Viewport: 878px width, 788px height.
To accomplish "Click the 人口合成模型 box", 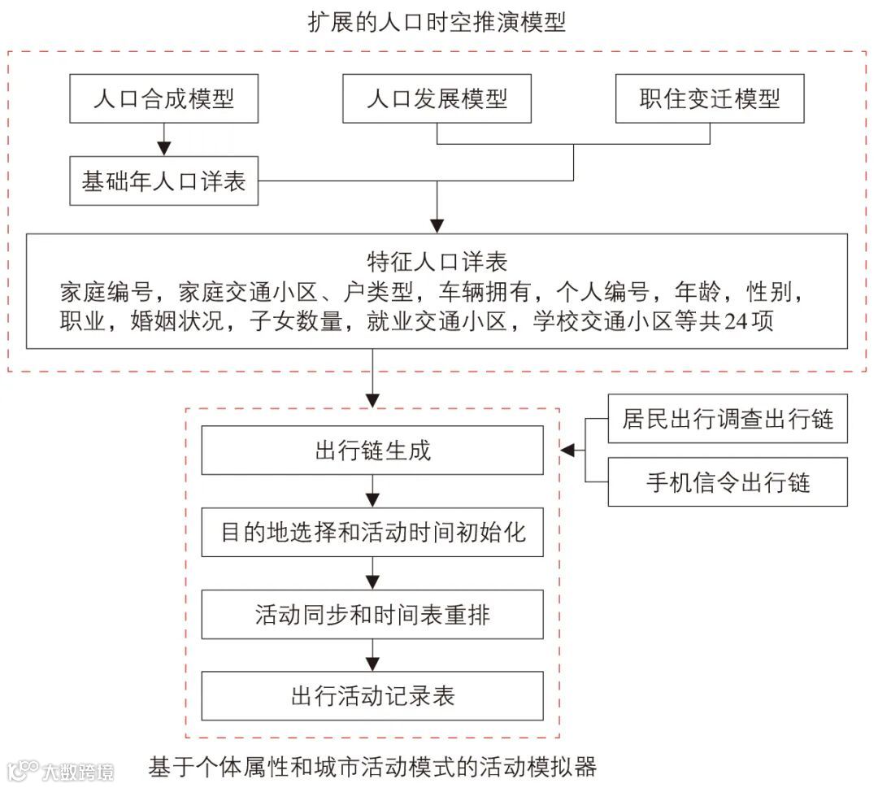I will coord(164,98).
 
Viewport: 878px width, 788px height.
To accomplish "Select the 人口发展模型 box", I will coord(437,98).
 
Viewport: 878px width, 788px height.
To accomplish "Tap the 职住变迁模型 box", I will coord(709,98).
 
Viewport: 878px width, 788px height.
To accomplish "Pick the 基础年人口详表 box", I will coord(164,181).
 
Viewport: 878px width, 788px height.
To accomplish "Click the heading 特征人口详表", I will coord(437,262).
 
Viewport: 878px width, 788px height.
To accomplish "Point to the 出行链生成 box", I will coord(372,450).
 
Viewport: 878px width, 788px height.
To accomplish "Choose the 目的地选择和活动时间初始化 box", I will coord(372,532).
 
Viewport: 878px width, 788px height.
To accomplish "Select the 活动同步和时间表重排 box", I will coord(372,614).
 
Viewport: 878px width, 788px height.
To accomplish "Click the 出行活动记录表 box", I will coord(372,696).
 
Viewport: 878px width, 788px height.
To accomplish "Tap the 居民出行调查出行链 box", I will coord(728,418).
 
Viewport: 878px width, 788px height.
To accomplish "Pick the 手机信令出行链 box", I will coord(728,482).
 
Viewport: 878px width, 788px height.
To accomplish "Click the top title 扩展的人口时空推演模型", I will coord(437,23).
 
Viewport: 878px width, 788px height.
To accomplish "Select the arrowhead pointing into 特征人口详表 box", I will coord(437,224).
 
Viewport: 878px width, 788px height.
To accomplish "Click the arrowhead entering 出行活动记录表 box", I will coord(372,662).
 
